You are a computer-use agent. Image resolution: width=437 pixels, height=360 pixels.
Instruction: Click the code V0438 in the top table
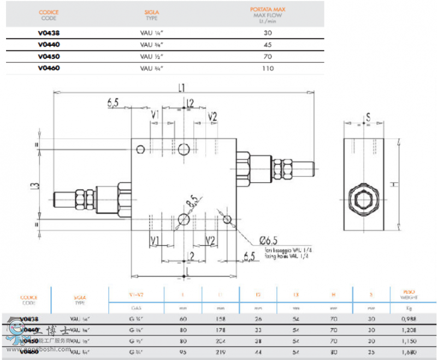49,33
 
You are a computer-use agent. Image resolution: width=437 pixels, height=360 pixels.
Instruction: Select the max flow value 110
267,68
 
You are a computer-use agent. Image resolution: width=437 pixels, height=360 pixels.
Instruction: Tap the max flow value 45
267,45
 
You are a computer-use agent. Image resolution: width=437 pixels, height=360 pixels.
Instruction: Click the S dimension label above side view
368,116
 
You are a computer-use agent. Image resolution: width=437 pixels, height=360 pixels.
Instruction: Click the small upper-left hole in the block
140,150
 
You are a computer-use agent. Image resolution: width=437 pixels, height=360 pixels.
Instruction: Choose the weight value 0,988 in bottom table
402,318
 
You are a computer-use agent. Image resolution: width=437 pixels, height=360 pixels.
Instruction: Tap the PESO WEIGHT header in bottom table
402,294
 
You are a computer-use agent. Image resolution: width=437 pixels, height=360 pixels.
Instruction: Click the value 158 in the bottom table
219,318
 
